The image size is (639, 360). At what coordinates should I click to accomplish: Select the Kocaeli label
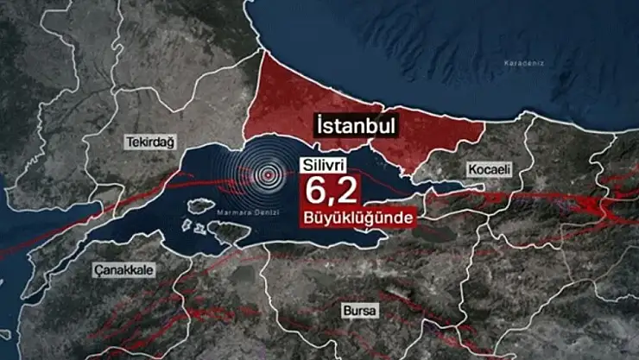(490, 169)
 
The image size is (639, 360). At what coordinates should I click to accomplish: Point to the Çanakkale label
(125, 269)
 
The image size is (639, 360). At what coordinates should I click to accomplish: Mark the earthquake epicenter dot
(269, 174)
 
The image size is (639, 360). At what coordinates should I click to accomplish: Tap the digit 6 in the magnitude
(312, 189)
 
